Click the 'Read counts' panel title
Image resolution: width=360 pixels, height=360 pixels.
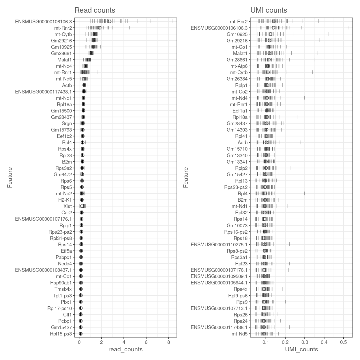tap(95, 10)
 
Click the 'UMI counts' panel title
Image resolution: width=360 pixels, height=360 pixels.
tap(269, 10)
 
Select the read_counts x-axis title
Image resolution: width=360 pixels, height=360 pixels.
tap(125, 349)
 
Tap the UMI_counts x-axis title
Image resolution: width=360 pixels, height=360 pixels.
tap(301, 349)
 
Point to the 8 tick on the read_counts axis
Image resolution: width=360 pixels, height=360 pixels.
tap(168, 342)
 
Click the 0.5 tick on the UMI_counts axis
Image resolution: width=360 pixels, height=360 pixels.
tap(343, 342)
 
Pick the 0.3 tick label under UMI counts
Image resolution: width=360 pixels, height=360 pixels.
tap(305, 342)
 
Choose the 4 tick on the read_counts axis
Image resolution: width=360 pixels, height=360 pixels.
tap(124, 342)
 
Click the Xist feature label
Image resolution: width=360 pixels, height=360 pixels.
tap(67, 206)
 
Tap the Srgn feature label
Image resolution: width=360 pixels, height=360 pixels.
tap(67, 123)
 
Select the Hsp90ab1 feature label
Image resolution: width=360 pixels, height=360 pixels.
tap(61, 283)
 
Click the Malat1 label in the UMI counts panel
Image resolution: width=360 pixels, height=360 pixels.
tap(240, 53)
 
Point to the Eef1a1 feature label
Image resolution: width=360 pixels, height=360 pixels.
tap(240, 111)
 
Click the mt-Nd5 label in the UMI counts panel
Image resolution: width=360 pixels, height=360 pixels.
tap(239, 334)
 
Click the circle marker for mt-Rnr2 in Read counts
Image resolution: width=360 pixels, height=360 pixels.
tap(100, 28)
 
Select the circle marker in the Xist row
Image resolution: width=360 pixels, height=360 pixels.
tap(82, 206)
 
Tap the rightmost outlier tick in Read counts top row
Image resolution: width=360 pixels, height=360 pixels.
tap(172, 21)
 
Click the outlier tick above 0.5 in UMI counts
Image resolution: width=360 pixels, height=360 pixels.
tap(348, 28)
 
